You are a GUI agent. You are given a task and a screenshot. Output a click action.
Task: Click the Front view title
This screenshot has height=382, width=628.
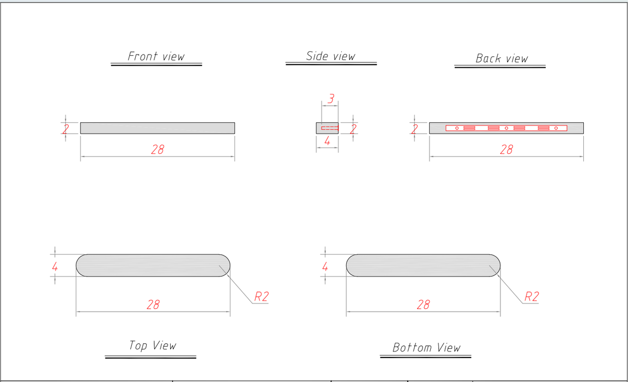point(156,56)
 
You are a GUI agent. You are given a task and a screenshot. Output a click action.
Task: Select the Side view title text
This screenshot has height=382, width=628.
point(331,56)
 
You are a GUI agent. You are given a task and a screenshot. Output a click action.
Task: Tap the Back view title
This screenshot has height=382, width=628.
point(502,58)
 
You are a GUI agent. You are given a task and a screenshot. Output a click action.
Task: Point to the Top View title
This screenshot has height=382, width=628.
point(153,345)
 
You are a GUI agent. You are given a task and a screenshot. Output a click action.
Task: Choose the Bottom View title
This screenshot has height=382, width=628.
point(426,348)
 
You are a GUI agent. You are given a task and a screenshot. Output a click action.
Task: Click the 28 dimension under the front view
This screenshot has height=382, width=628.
point(158,150)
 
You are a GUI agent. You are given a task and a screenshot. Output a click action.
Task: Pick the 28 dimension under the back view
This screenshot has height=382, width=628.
point(506,150)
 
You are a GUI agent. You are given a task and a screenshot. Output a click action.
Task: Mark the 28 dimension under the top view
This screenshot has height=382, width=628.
point(153,305)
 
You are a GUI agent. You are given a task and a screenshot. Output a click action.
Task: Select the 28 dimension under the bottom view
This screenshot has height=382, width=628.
point(424,305)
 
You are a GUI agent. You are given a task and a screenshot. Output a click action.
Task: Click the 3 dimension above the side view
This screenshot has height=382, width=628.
point(331,99)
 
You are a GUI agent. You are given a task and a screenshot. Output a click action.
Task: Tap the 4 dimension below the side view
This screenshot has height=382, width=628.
point(327,141)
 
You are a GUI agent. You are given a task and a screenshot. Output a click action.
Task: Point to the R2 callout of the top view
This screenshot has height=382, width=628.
point(262,297)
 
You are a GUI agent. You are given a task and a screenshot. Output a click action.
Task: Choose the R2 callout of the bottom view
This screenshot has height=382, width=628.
point(532,297)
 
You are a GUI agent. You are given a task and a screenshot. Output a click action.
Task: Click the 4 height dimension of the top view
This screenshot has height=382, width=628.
point(55,266)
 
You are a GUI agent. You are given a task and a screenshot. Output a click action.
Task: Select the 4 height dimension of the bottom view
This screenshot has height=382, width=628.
point(325,266)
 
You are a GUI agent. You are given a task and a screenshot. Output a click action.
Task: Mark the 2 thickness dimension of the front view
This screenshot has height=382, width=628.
point(65,129)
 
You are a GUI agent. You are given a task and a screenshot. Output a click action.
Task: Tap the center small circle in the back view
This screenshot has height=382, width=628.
point(506,128)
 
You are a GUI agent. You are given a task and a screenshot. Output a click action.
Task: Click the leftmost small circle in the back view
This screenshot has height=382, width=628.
point(457,128)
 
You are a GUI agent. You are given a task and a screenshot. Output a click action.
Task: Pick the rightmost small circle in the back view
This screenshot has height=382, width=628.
point(556,128)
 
